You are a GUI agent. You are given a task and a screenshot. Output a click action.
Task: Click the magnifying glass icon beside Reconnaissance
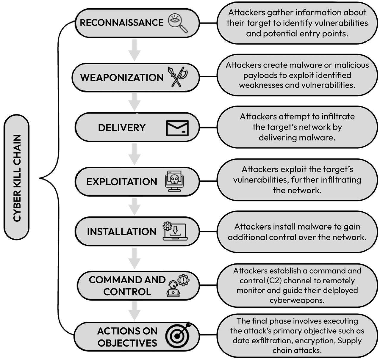(x=178, y=23)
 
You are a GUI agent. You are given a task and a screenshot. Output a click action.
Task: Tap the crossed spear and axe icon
(x=177, y=77)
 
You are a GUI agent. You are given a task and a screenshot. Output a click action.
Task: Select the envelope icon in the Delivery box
(x=177, y=128)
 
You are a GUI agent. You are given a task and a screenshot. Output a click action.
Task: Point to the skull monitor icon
(x=174, y=181)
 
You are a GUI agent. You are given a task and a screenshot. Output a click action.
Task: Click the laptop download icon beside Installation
(x=175, y=231)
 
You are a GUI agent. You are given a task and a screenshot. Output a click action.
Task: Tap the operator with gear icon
(x=178, y=286)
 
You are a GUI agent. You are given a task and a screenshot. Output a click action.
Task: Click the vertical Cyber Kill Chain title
(x=17, y=178)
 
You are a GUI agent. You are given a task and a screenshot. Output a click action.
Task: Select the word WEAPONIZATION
(x=122, y=78)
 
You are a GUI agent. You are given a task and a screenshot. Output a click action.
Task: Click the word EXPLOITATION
(x=122, y=182)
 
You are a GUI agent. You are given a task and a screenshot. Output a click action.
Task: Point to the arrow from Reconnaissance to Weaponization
(x=135, y=50)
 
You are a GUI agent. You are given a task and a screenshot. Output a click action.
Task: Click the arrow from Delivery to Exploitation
(x=135, y=154)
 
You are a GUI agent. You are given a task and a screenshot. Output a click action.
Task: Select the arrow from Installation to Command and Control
(x=135, y=258)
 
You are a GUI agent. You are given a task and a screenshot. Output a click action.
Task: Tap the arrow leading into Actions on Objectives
(x=135, y=311)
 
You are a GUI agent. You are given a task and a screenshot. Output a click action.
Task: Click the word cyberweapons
(x=297, y=301)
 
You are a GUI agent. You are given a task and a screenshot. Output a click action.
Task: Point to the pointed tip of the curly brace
(x=40, y=178)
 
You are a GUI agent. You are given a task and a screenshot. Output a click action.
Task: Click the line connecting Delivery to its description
(x=208, y=128)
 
